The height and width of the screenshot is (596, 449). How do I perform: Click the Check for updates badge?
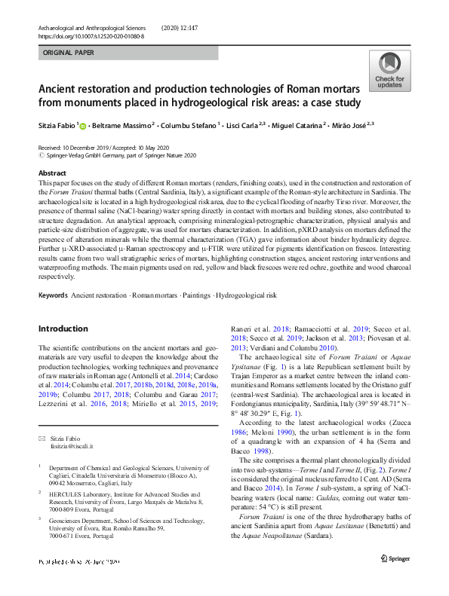(389, 72)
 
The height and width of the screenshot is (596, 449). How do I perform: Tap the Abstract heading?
(52, 173)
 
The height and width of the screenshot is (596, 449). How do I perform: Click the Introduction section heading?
(63, 329)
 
